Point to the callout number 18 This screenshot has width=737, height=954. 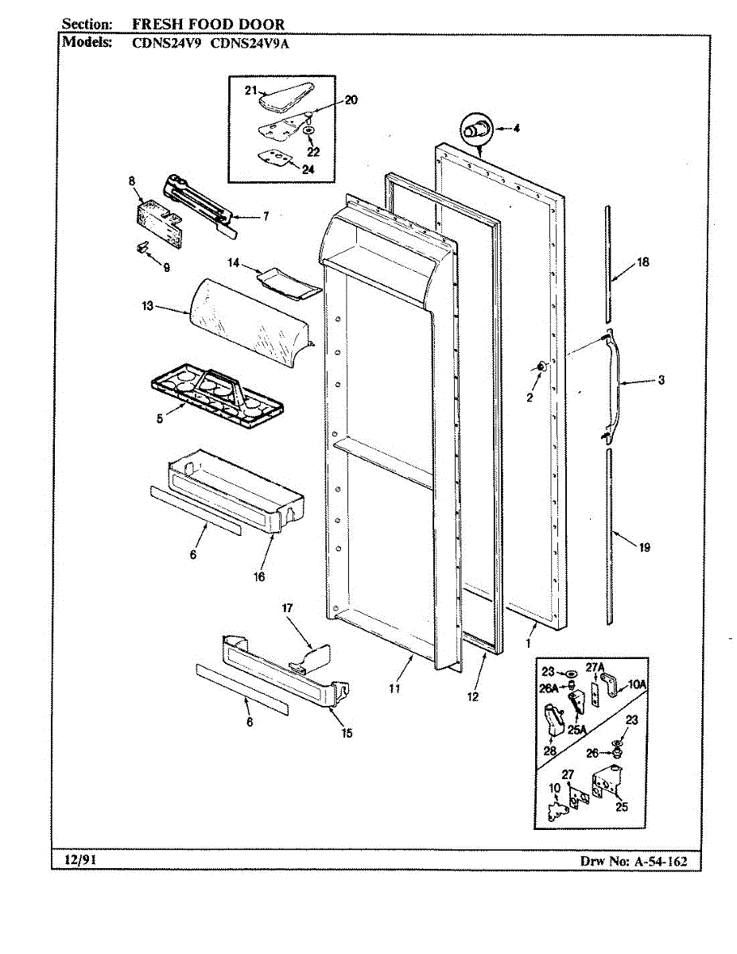pyautogui.click(x=643, y=263)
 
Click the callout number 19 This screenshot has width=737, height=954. pyautogui.click(x=644, y=547)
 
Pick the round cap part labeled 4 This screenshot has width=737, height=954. pyautogui.click(x=475, y=129)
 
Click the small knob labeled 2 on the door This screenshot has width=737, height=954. pyautogui.click(x=541, y=366)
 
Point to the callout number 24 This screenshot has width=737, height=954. pyautogui.click(x=308, y=168)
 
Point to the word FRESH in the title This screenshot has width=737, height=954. pyautogui.click(x=153, y=25)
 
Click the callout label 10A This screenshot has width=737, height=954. pyautogui.click(x=638, y=683)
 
